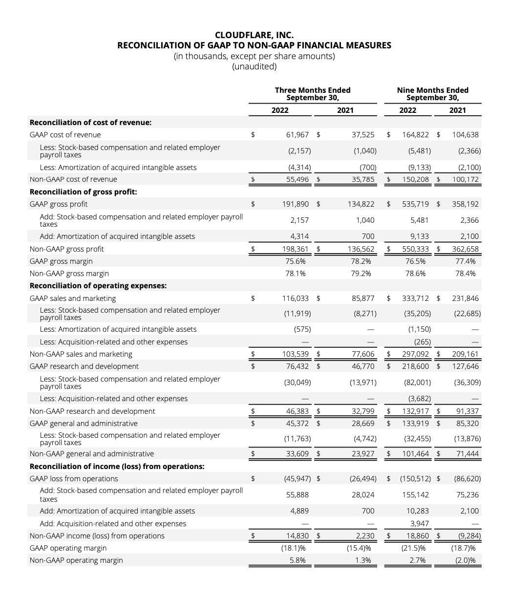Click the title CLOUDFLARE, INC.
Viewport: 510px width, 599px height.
[254, 35]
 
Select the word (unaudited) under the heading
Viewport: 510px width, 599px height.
[254, 66]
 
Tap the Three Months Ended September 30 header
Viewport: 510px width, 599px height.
[313, 94]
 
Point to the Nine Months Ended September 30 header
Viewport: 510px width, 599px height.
[432, 94]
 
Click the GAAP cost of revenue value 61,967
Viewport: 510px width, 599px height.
[298, 135]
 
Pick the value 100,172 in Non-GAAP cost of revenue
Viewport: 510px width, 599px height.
[465, 179]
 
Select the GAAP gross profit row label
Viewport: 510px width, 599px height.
[59, 204]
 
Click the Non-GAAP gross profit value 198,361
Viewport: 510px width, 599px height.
[296, 249]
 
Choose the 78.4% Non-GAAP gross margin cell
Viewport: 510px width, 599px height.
[465, 274]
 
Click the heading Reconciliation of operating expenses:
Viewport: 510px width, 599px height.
[98, 286]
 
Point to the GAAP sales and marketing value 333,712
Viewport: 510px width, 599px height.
[416, 299]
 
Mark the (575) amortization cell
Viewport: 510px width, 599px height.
[302, 329]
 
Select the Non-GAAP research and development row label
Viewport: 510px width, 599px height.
[92, 411]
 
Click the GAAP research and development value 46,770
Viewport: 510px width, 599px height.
[363, 366]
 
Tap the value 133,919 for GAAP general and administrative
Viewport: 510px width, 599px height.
[416, 424]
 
